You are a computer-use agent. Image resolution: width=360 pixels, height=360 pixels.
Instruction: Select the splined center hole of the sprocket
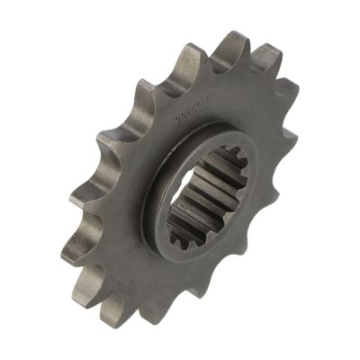[202, 194]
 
